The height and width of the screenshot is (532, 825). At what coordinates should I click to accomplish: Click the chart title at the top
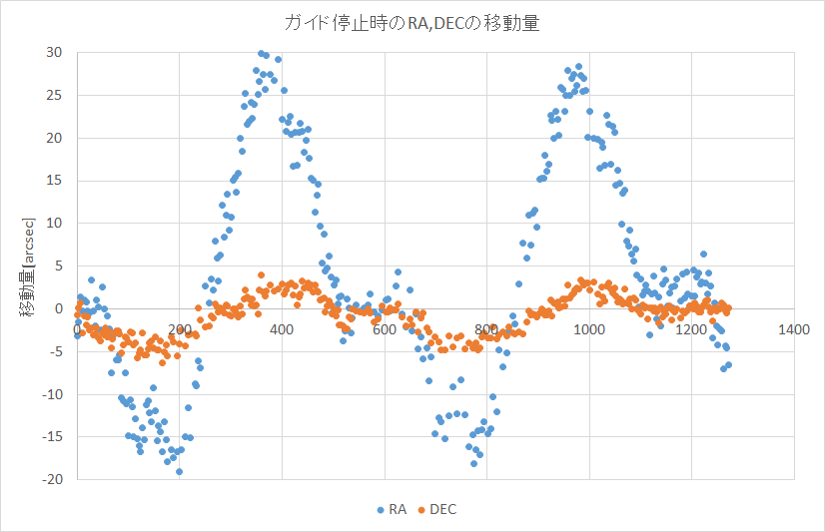point(412,23)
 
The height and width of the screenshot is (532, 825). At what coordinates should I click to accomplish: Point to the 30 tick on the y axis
point(53,52)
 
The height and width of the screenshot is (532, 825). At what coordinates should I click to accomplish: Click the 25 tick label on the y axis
point(53,95)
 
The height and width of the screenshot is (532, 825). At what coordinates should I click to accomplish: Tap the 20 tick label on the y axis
point(53,138)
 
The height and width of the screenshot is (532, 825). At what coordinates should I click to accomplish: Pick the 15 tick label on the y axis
point(53,181)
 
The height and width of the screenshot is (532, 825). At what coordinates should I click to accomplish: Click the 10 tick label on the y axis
point(53,224)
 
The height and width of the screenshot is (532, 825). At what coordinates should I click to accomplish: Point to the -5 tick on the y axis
point(56,351)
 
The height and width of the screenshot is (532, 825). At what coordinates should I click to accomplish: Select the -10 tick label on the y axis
point(51,394)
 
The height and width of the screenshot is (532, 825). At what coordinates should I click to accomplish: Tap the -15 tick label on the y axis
point(51,437)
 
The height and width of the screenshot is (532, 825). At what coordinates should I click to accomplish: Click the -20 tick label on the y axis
point(51,480)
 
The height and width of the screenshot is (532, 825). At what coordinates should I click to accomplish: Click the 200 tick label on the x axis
point(179,329)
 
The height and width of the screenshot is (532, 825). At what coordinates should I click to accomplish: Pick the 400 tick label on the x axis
point(282,329)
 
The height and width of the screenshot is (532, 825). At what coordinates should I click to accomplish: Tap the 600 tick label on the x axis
point(384,329)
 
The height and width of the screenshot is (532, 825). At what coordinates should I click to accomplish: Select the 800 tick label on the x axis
point(486,329)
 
